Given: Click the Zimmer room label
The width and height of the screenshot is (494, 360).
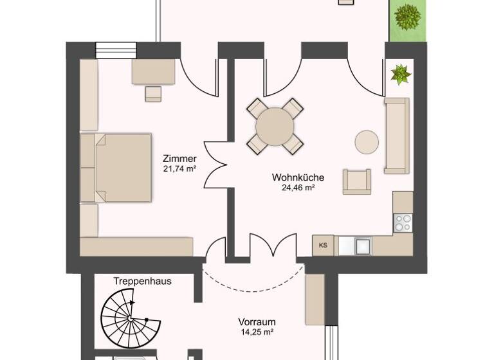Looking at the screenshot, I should tap(179, 159).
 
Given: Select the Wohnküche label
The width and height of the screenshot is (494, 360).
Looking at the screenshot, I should tap(298, 177).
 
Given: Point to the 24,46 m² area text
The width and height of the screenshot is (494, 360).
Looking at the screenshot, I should tap(298, 188).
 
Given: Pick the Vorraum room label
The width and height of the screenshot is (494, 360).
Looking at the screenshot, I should tap(257, 322).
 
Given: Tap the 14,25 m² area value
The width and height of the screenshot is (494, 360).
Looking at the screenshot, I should tap(257, 332).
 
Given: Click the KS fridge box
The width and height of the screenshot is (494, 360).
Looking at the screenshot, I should tap(323, 245).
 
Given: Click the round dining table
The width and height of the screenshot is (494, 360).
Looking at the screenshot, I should tap(275, 126).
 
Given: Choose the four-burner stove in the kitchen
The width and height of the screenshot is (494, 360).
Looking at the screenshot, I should tap(403, 222).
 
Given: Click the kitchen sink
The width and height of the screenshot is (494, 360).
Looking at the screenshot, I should tap(362, 245).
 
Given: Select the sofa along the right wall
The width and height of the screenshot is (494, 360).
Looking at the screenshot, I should tap(396, 136).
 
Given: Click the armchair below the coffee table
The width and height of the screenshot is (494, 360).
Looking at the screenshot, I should tap(356, 181).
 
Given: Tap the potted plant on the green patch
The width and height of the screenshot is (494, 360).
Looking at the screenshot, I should tap(407, 17).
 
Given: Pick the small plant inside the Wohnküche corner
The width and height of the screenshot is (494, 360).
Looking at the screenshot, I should tap(401, 75).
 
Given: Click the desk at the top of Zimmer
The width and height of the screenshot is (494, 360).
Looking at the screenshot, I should tap(154, 72).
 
